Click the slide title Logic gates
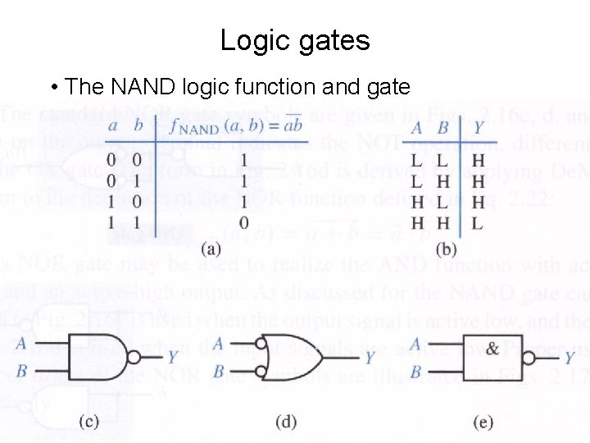pyautogui.click(x=295, y=40)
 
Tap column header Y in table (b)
pyautogui.click(x=478, y=128)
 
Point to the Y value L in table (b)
pyautogui.click(x=478, y=222)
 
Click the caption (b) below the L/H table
pyautogui.click(x=447, y=249)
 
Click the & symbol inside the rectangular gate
pyautogui.click(x=492, y=349)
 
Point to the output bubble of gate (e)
pyautogui.click(x=530, y=358)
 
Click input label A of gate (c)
pyautogui.click(x=21, y=343)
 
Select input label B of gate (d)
pyautogui.click(x=218, y=372)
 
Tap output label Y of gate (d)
pyautogui.click(x=370, y=358)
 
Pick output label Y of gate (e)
pyautogui.click(x=569, y=358)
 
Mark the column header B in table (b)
pyautogui.click(x=442, y=128)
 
